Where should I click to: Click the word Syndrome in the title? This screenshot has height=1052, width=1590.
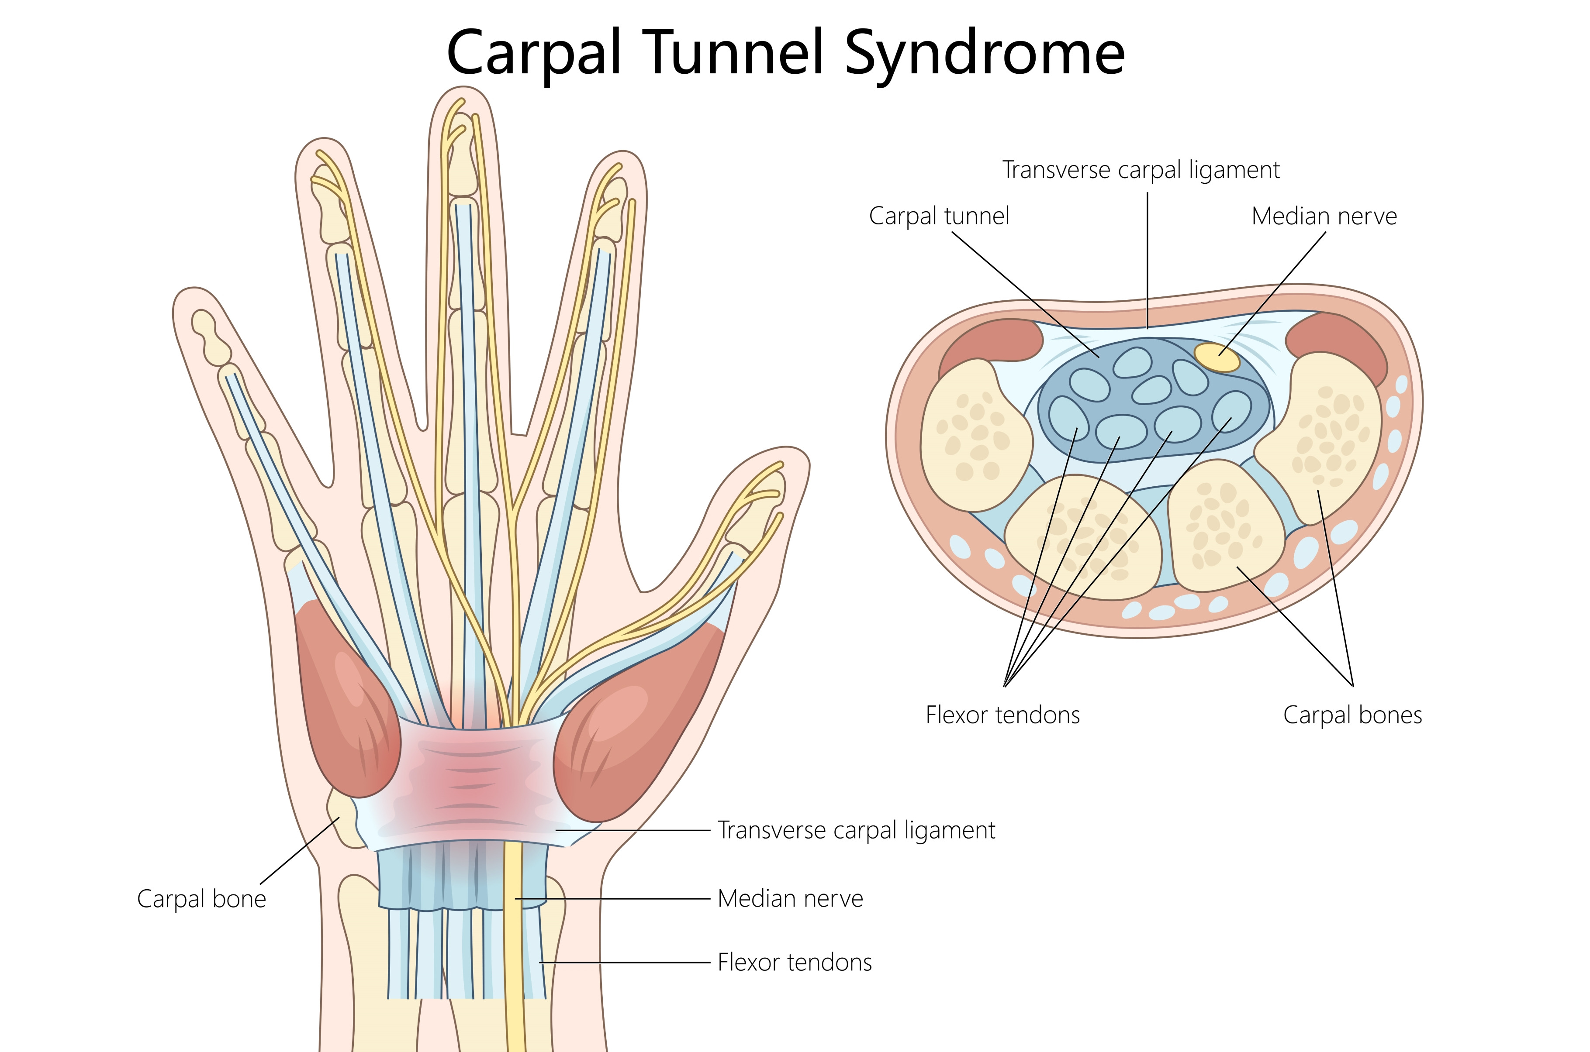984,54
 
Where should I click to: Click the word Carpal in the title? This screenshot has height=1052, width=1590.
534,54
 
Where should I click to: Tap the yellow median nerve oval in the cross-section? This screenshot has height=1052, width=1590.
1216,357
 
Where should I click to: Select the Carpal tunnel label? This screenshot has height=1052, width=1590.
938,216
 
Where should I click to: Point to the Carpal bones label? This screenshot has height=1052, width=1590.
1352,715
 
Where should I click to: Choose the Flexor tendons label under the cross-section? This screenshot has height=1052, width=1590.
1002,715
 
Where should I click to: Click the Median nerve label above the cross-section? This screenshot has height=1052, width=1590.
1324,216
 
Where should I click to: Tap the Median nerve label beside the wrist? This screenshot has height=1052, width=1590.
790,898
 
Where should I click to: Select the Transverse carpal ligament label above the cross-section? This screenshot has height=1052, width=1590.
1141,170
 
